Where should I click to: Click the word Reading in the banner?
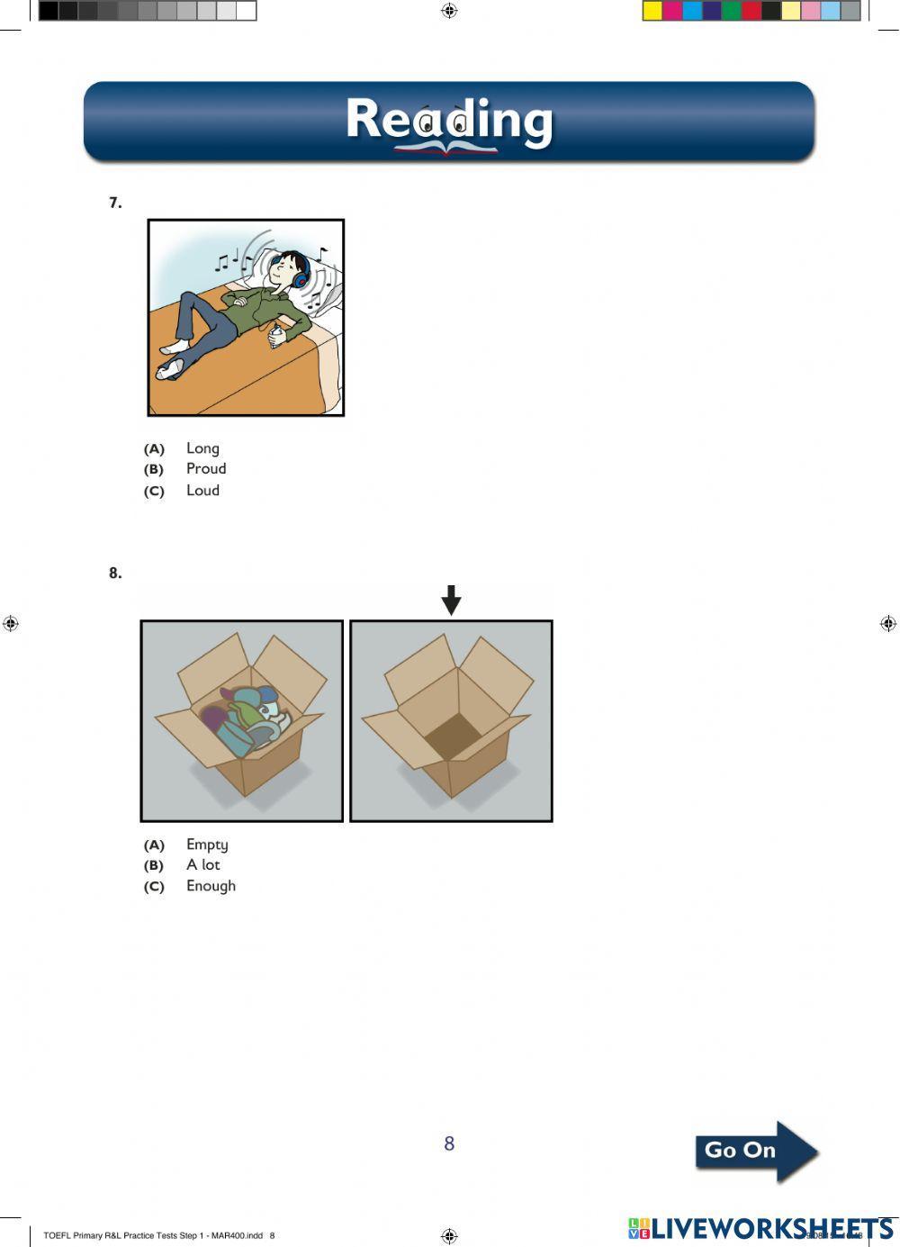[x=449, y=121]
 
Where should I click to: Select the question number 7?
[x=115, y=203]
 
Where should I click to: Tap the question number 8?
[x=115, y=573]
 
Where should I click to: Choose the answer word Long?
[x=202, y=448]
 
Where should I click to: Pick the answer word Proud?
[x=206, y=469]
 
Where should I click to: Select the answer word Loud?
[x=202, y=491]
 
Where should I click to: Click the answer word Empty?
[x=207, y=845]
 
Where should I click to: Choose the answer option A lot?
[x=202, y=865]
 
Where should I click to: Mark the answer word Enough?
[x=211, y=886]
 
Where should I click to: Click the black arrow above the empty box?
[x=451, y=600]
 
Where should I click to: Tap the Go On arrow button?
[x=755, y=1151]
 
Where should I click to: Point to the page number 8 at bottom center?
[x=449, y=1143]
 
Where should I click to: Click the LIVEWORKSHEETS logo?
[x=760, y=1228]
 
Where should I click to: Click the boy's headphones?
[x=301, y=273]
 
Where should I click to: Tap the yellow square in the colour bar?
[x=652, y=11]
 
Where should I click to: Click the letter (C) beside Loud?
[x=154, y=492]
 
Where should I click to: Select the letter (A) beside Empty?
[x=154, y=845]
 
